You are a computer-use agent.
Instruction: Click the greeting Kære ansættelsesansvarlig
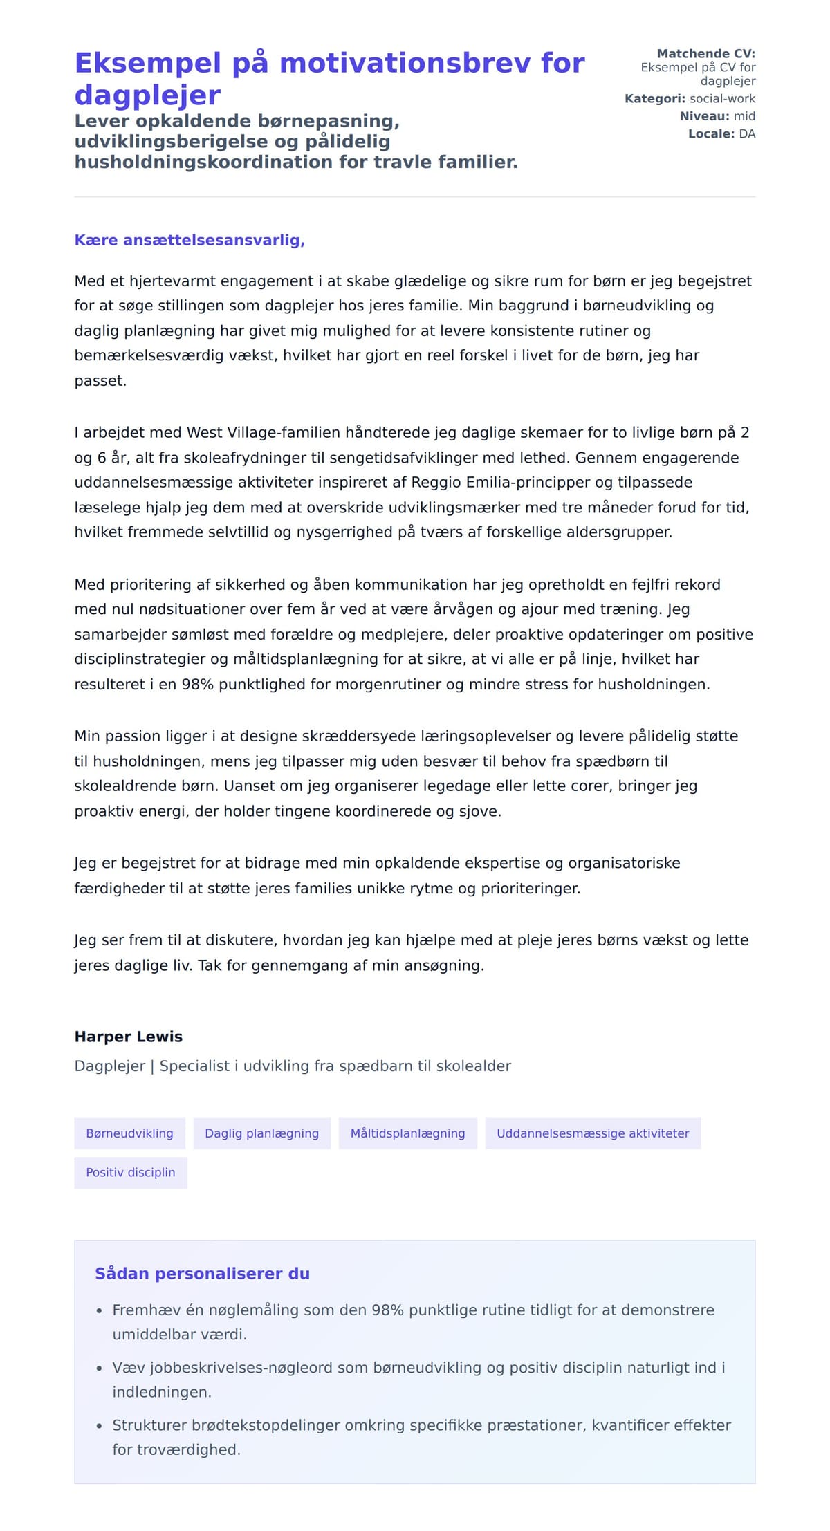point(190,240)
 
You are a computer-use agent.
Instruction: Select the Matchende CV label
point(705,53)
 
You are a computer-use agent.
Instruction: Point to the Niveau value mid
point(744,116)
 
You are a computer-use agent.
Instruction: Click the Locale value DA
point(747,133)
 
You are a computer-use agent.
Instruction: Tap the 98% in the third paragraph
point(197,684)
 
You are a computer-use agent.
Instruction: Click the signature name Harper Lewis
point(129,1037)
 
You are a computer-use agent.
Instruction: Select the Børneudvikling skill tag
point(129,1133)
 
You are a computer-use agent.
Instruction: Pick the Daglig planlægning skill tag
point(261,1133)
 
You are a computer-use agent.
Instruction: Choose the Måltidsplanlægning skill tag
point(407,1133)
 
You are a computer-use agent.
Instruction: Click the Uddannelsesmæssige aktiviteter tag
point(593,1133)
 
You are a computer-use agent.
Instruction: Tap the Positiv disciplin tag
point(130,1172)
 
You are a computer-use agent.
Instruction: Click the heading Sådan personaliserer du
point(202,1273)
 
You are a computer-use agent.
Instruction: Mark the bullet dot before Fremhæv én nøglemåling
point(100,1310)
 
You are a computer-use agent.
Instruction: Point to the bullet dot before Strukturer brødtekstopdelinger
point(100,1425)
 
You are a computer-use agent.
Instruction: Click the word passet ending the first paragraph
point(100,380)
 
